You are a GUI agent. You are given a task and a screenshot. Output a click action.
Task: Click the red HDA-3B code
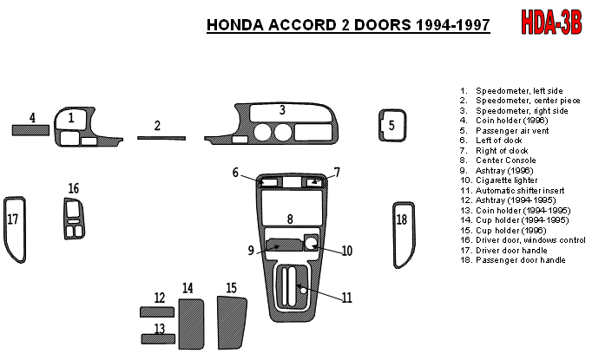[553, 21]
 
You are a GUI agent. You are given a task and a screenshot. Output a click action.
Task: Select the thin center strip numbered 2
[161, 137]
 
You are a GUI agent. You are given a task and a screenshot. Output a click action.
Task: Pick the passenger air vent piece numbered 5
[391, 125]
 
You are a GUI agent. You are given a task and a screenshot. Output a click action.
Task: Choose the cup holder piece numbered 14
[191, 320]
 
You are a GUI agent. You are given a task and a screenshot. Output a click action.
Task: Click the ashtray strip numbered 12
[156, 311]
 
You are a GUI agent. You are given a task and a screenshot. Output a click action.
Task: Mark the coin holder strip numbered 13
[156, 339]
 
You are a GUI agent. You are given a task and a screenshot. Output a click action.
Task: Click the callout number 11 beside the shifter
[346, 298]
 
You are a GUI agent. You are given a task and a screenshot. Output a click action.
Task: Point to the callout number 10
[346, 252]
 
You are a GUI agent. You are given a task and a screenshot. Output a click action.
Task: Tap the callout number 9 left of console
[251, 251]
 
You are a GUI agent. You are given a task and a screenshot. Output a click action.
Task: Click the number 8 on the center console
[290, 219]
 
